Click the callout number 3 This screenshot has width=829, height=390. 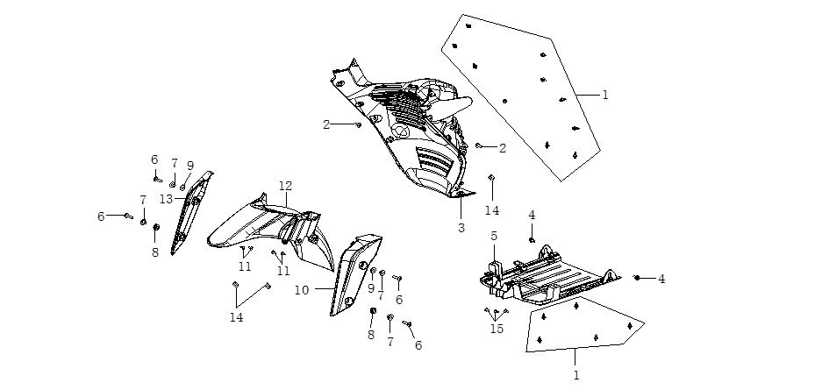coord(460,227)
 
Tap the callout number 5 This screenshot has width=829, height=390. coord(494,236)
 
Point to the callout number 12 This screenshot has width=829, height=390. coord(285,186)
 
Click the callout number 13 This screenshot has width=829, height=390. coord(166,199)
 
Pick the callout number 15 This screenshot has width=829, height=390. coord(497,329)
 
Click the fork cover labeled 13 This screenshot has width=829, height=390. coord(187,215)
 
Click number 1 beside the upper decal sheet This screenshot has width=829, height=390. coord(604,94)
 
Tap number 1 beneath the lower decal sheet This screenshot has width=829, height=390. coord(575,375)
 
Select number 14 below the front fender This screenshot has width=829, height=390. coord(237,317)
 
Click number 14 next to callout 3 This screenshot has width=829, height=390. coord(491,210)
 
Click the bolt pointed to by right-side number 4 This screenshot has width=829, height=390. coord(637,278)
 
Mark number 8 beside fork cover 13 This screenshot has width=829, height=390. coord(155,251)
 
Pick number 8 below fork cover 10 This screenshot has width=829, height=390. coord(370,334)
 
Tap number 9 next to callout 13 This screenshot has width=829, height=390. coord(189,165)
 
